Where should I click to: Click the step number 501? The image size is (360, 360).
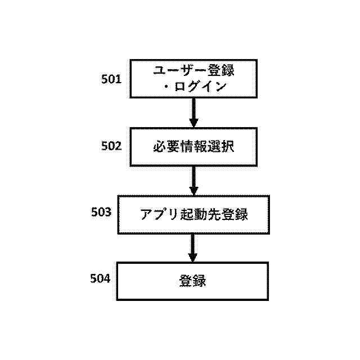pos(111,79)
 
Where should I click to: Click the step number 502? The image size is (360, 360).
pos(111,146)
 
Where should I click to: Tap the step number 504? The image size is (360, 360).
pos(101,278)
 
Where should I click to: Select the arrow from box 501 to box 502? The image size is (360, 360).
pos(193,112)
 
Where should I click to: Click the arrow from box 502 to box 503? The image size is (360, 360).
pos(193,179)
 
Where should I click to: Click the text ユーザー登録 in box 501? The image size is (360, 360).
pos(193,71)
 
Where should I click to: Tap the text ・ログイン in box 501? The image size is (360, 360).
pos(193,87)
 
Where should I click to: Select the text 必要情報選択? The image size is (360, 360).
pos(193,147)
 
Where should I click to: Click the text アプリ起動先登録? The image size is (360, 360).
pos(193,214)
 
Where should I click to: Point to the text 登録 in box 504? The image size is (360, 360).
pos(193,280)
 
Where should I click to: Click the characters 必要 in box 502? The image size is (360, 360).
pos(163,147)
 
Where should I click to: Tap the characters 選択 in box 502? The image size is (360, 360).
pos(223,147)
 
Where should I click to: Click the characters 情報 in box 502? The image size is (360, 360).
pos(193,147)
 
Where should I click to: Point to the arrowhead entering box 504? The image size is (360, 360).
pos(193,257)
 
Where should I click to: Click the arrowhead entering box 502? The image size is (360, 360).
pos(193,123)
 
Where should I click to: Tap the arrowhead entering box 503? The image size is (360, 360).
pos(193,190)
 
